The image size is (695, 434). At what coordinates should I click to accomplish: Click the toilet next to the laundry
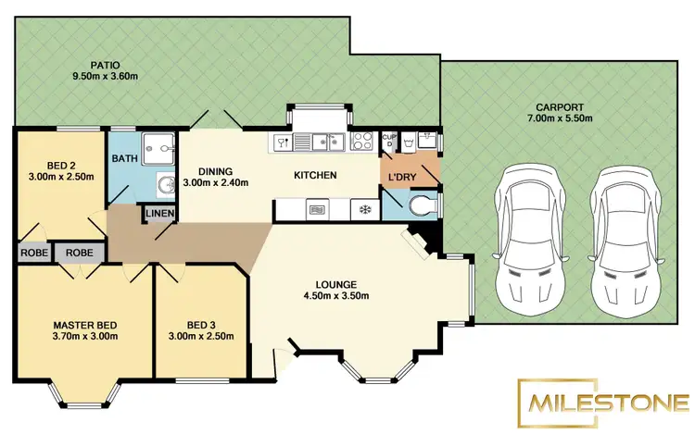(x=422, y=205)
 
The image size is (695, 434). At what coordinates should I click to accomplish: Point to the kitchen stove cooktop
(x=362, y=142)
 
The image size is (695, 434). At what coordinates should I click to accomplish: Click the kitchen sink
(x=323, y=142)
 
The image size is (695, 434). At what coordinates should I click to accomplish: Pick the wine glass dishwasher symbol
(x=282, y=142)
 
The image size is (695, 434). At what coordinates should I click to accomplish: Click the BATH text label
(x=124, y=158)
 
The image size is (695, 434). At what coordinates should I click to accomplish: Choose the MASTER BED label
(x=84, y=325)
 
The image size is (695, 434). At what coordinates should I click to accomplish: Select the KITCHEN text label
(x=314, y=175)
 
